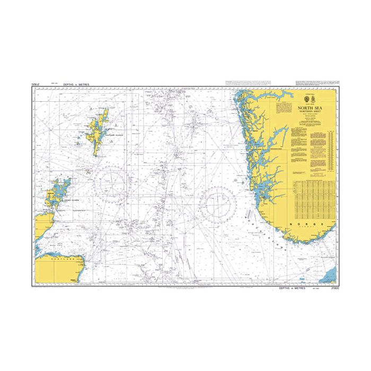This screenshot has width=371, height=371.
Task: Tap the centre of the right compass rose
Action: [x=218, y=203]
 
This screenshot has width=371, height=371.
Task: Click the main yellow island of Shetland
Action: [x=98, y=132]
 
